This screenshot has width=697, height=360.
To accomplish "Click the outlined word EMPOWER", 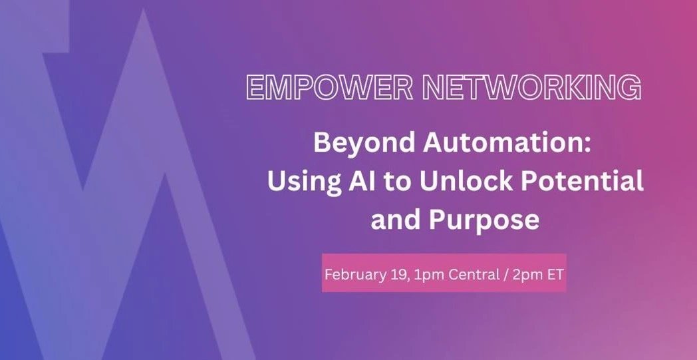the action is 329,87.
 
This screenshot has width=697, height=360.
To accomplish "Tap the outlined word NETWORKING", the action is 531,87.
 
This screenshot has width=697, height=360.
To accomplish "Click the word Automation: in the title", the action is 507,143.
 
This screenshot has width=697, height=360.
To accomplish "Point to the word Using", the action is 301,183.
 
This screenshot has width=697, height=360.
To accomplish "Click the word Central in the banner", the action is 474,275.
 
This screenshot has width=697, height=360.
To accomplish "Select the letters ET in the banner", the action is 555,275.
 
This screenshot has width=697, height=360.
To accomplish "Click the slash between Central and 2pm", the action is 506,275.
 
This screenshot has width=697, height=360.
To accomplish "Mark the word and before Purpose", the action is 396,219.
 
